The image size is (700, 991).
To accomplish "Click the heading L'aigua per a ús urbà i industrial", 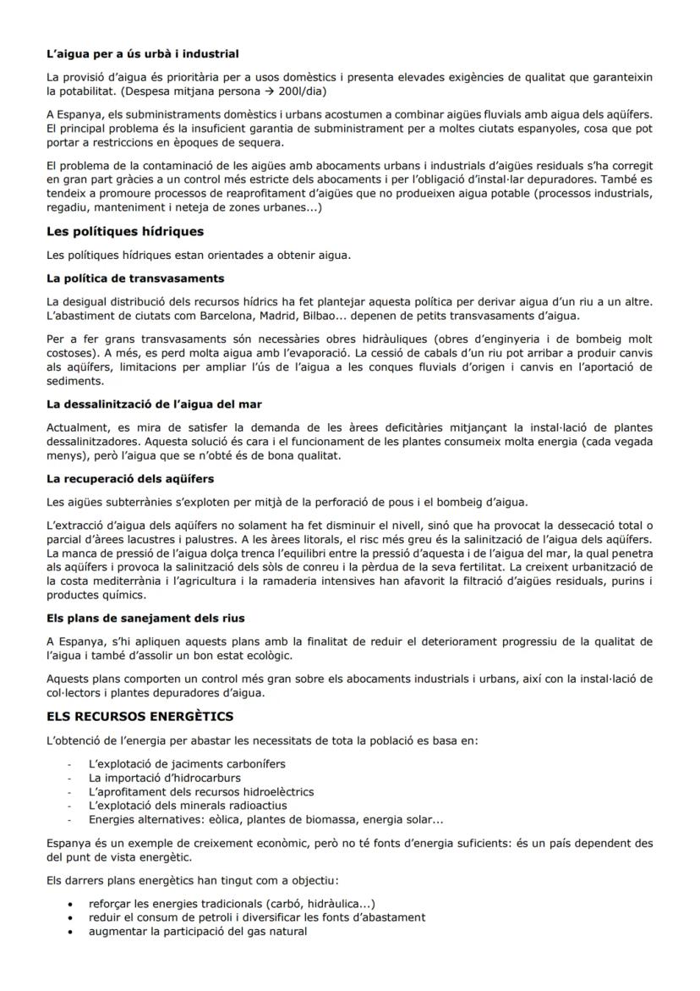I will [142, 54].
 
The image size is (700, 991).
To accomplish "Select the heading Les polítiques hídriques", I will [125, 231].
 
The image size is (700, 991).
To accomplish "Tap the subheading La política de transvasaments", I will [135, 278].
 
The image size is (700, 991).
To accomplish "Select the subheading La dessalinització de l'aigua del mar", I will [154, 404].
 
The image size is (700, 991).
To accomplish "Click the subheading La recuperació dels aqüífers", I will [130, 479].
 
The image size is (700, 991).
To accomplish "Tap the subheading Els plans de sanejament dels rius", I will [145, 618].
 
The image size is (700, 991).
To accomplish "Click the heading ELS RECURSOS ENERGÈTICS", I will [139, 717].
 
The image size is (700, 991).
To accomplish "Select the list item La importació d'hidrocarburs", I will [164, 778].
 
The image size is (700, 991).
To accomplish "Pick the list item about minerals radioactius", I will [188, 806].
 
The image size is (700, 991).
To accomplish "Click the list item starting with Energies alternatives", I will [265, 819].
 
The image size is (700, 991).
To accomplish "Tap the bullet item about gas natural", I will [197, 931].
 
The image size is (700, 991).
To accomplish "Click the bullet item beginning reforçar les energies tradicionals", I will [232, 903].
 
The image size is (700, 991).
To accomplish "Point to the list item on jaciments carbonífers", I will [186, 763].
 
